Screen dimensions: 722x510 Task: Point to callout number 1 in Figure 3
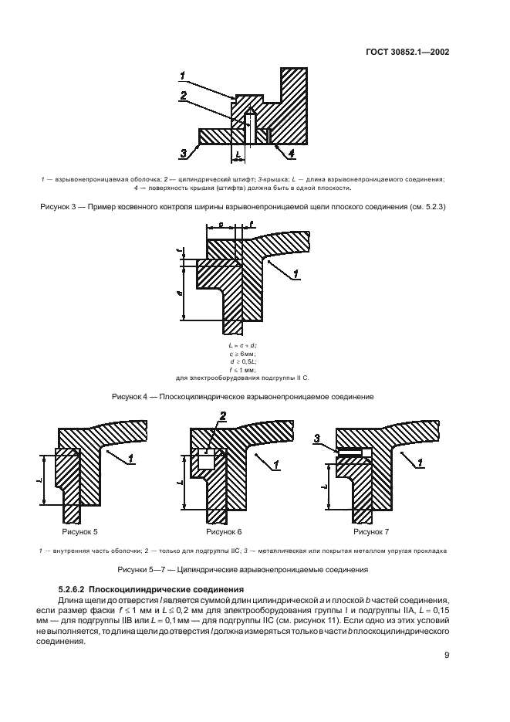pyautogui.click(x=182, y=76)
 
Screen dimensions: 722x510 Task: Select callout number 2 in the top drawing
pyautogui.click(x=182, y=96)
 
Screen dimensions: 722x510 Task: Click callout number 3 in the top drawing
pyautogui.click(x=184, y=154)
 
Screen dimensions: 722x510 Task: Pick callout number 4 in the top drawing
pyautogui.click(x=291, y=154)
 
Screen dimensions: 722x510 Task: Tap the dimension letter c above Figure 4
pyautogui.click(x=221, y=225)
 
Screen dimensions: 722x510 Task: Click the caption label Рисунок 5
pyautogui.click(x=79, y=532)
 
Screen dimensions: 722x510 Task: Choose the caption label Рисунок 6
pyautogui.click(x=225, y=532)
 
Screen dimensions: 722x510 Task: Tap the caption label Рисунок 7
pyautogui.click(x=370, y=532)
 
